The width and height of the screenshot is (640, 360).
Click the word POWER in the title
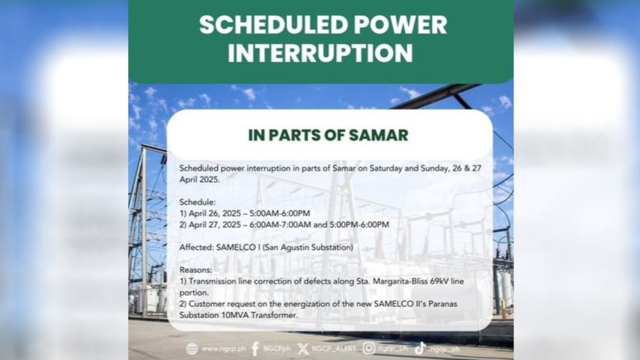400,25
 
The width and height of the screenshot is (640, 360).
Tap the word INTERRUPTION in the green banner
320,53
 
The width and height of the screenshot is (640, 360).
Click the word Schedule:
198,202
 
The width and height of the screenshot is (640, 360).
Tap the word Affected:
196,247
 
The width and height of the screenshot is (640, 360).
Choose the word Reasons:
196,270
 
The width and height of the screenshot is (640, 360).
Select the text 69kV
440,281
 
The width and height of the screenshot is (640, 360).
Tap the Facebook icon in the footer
255,349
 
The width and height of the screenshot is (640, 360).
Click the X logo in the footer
303,349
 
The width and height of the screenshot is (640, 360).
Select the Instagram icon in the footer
369,348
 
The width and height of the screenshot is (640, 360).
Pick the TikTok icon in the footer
421,348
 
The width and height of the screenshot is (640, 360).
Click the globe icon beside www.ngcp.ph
192,349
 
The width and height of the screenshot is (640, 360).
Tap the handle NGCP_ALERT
334,349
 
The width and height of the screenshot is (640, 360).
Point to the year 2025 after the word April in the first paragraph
209,180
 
